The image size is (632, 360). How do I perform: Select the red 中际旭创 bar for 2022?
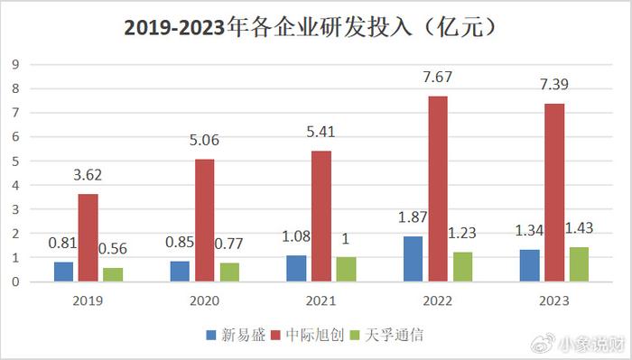point(438,189)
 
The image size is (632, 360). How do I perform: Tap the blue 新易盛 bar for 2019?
point(62,272)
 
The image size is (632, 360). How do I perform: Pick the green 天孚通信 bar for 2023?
point(579,263)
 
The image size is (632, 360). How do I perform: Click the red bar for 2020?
point(204,220)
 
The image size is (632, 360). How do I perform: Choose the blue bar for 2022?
point(413,258)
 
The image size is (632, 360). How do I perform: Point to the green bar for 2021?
point(347,269)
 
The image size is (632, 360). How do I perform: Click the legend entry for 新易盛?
point(237,335)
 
